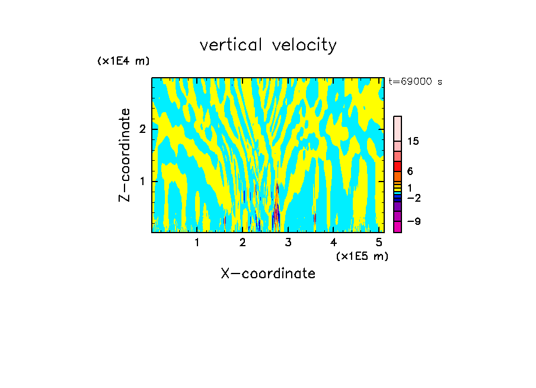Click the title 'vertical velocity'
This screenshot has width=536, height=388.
pos(268,45)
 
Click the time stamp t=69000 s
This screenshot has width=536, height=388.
pos(415,82)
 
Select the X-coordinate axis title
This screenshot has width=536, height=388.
pos(268,273)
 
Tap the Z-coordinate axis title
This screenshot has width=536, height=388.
pos(125,155)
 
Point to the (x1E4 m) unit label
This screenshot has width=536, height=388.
pos(123,61)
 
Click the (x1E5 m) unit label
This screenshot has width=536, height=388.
pos(362,256)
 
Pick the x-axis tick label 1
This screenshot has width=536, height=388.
pos(197,242)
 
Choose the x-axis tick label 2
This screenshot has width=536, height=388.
pos(243,242)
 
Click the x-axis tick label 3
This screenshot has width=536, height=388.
pos(288,242)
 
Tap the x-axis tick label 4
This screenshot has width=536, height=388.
pos(334,242)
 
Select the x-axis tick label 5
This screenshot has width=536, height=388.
pos(379,242)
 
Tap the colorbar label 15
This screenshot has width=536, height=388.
pos(413,141)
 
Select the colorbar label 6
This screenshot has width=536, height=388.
pos(410,171)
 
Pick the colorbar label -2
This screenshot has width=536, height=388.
pos(413,198)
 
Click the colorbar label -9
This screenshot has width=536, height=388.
pos(413,221)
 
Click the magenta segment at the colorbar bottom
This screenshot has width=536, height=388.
pos(398,227)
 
